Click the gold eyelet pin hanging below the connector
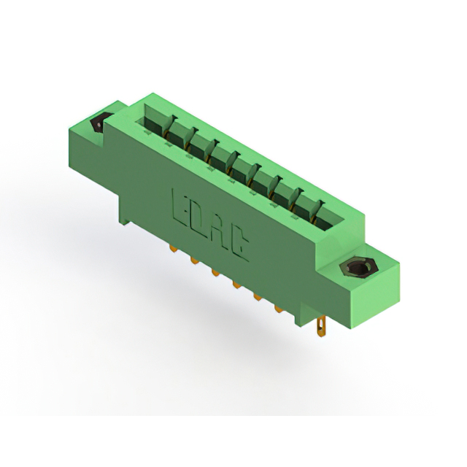[321, 326]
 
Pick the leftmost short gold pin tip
[174, 248]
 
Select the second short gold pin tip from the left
[194, 261]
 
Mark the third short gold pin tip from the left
[215, 273]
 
